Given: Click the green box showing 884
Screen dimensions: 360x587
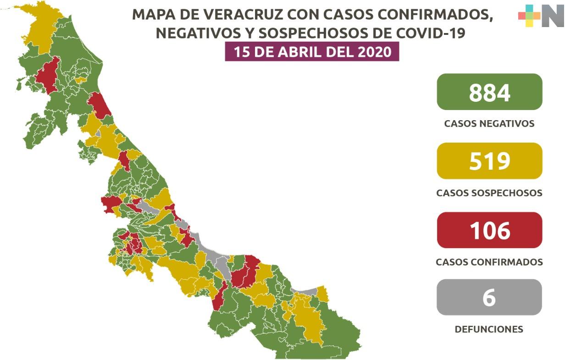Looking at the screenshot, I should click(489, 92).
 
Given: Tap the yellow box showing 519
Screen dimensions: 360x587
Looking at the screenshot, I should click(489, 161).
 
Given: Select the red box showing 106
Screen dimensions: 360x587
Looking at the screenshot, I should click(489, 230).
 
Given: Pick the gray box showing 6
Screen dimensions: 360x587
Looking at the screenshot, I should click(489, 298).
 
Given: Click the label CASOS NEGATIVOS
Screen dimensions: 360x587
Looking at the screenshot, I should click(489, 124).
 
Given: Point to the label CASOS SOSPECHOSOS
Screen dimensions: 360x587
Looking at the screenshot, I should click(489, 193).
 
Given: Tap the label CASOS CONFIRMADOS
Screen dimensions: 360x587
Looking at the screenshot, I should click(489, 262).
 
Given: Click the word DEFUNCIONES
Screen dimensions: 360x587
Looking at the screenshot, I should click(489, 329).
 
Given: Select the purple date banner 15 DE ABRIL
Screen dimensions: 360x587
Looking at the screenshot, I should click(312, 52).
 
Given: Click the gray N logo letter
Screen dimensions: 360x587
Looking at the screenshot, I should click(553, 16).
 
